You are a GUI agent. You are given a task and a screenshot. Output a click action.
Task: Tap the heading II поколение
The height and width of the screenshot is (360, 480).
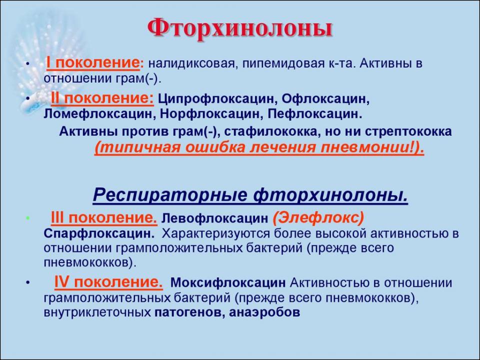[102, 98]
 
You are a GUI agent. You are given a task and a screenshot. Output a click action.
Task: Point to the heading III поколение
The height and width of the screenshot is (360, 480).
[104, 218]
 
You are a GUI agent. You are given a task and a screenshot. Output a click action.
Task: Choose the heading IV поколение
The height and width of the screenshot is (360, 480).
[108, 282]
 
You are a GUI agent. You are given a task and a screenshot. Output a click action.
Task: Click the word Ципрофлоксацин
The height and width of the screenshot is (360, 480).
[217, 99]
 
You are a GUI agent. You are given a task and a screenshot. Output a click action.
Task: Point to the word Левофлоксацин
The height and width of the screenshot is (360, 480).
[214, 218]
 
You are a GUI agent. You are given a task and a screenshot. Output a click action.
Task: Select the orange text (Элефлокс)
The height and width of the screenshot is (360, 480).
[318, 218]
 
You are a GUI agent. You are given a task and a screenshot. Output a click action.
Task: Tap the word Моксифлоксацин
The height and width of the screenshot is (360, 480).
[228, 282]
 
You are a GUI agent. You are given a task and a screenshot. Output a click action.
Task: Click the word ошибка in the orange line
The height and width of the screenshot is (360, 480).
[211, 147]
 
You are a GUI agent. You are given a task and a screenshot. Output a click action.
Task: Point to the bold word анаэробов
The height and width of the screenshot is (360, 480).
[264, 312]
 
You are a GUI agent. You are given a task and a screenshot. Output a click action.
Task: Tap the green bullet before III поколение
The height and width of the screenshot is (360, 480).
[28, 218]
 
